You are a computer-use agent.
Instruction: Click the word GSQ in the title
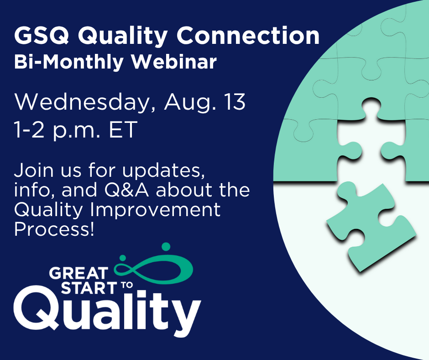[x=42, y=36]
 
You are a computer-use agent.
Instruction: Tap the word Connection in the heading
[x=248, y=36]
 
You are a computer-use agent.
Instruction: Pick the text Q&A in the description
[x=127, y=190]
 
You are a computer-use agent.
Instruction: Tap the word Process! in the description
[x=54, y=229]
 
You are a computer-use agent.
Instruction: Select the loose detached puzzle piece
[x=371, y=226]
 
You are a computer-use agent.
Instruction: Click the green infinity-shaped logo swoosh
[x=154, y=270]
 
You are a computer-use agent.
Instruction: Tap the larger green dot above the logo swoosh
[x=166, y=247]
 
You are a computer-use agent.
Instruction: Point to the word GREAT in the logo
[x=79, y=273]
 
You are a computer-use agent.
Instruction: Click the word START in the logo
[x=89, y=288]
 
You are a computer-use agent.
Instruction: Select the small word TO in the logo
[x=126, y=285]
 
